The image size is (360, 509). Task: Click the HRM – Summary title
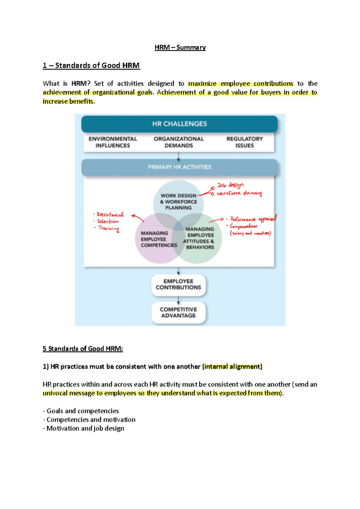pyautogui.click(x=180, y=47)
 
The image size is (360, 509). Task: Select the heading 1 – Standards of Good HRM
pyautogui.click(x=91, y=65)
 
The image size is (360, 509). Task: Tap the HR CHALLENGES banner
pyautogui.click(x=179, y=124)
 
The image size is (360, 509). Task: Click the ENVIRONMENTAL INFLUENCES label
pyautogui.click(x=112, y=142)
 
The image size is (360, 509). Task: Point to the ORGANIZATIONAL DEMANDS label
pyautogui.click(x=178, y=142)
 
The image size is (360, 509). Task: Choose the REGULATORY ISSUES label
pyautogui.click(x=244, y=142)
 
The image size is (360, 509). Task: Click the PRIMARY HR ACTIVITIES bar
pyautogui.click(x=179, y=167)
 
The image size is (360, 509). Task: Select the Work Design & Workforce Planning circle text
pyautogui.click(x=178, y=201)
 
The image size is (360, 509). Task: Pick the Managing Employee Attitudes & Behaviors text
pyautogui.click(x=199, y=238)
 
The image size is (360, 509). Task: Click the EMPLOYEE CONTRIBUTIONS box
pyautogui.click(x=178, y=284)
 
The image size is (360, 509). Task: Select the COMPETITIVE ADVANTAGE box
pyautogui.click(x=178, y=312)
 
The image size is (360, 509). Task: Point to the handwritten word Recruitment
pyautogui.click(x=110, y=215)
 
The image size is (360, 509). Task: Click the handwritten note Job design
pyautogui.click(x=230, y=185)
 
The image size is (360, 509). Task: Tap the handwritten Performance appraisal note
pyautogui.click(x=253, y=219)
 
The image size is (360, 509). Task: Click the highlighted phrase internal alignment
pyautogui.click(x=232, y=367)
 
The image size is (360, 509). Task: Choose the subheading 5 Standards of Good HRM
pyautogui.click(x=83, y=349)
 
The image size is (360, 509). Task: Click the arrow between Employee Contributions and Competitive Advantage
pyautogui.click(x=178, y=300)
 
